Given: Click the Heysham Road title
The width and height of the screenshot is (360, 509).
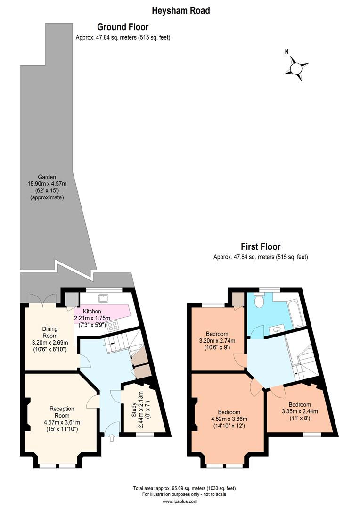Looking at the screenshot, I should coord(180,10).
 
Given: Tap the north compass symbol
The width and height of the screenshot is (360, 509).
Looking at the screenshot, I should coord(296,68).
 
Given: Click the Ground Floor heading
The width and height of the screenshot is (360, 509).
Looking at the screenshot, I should coord(123,27).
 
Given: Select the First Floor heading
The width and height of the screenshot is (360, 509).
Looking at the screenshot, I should coord(261,246).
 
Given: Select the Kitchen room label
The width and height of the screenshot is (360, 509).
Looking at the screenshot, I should coord(92,312).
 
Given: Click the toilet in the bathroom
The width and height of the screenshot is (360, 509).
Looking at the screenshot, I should coord(258,301).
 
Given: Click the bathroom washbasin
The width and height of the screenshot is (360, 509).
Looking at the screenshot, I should coord(278,328).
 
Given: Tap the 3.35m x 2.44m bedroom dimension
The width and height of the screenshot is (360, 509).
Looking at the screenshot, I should coord(300,411).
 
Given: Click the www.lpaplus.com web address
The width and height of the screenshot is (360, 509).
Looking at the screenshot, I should coord(180,502).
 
